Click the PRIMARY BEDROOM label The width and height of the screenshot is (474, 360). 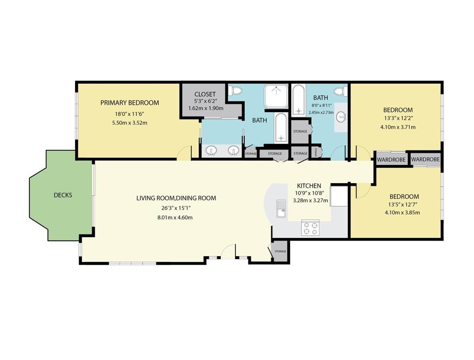[130, 103]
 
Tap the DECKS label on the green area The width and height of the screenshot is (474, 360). [63, 195]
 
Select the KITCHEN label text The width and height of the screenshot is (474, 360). [309, 186]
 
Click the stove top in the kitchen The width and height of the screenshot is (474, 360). [310, 228]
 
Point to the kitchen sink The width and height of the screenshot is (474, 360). [281, 208]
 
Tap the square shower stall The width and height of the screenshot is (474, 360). [276, 96]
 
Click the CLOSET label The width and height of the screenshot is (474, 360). [205, 94]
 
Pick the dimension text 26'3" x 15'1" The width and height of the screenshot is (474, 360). [176, 208]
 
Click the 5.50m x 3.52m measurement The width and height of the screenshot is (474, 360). [130, 123]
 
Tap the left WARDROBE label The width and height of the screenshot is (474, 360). [391, 160]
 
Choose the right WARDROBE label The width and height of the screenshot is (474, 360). [425, 159]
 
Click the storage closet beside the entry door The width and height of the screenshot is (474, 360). [280, 251]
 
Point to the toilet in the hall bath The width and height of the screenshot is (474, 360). [341, 91]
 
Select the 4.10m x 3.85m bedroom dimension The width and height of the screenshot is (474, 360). [402, 213]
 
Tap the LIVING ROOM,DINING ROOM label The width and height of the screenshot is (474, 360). [176, 198]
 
